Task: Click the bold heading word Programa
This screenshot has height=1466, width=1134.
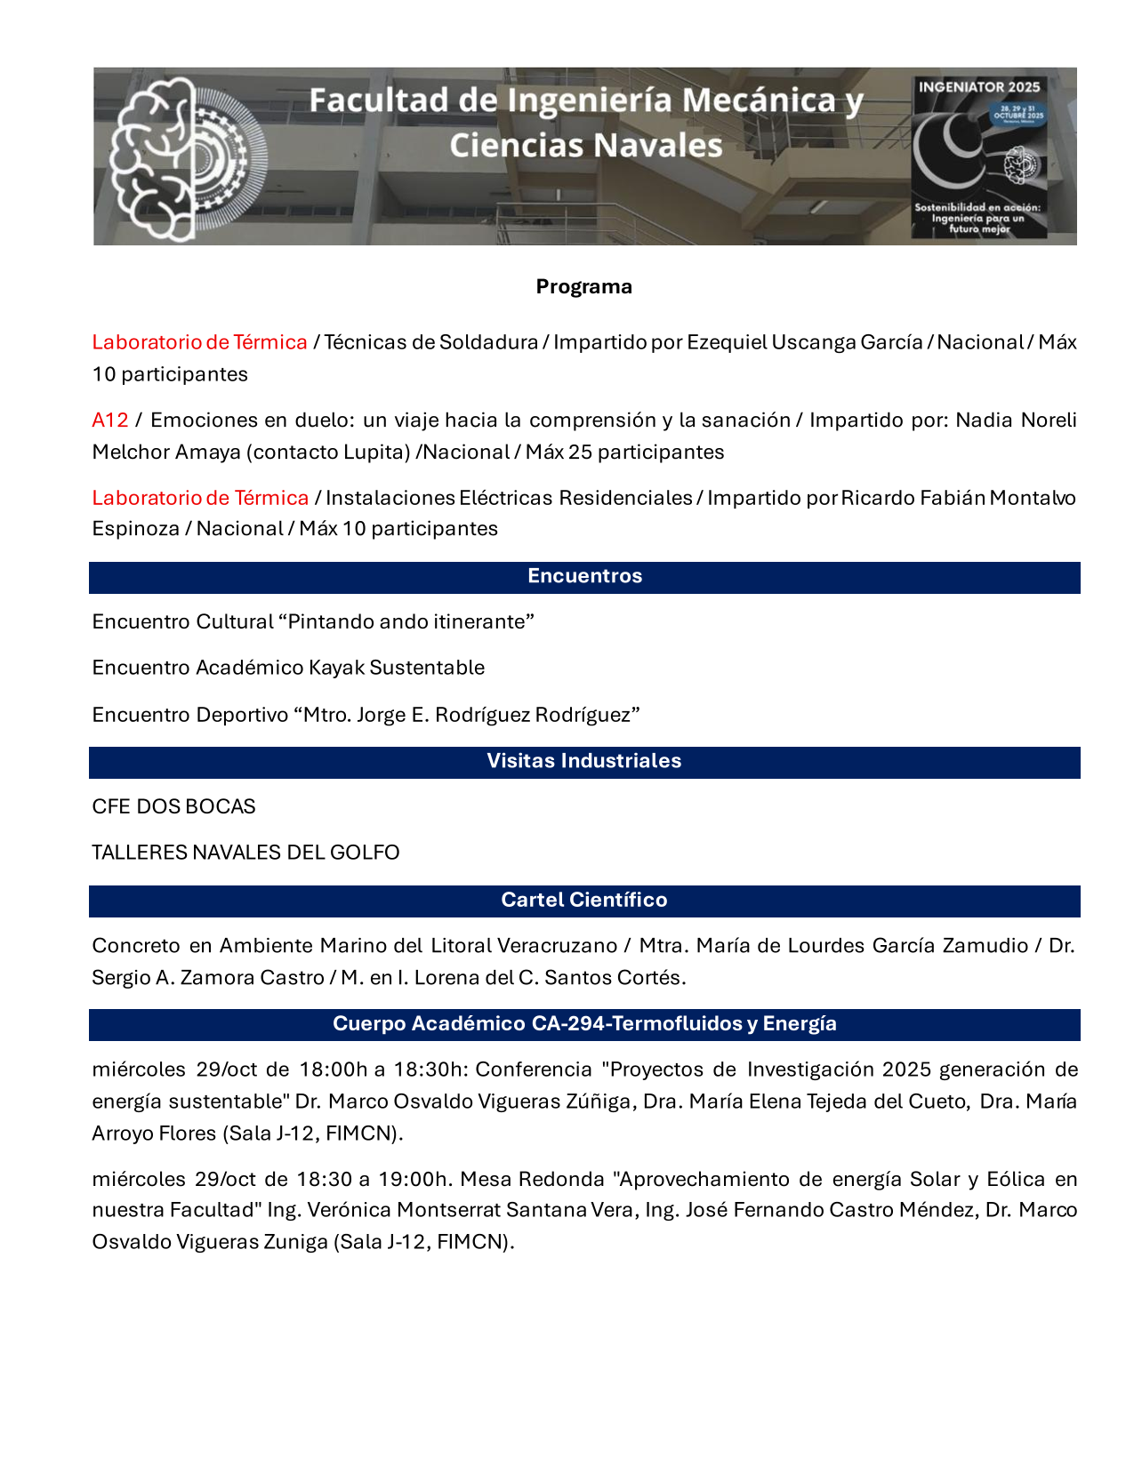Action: click(x=583, y=287)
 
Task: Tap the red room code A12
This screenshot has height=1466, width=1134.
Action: click(x=110, y=420)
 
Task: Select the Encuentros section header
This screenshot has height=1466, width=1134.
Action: click(x=584, y=576)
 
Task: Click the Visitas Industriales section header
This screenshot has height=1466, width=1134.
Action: click(x=583, y=761)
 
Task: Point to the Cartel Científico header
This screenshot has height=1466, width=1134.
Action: click(x=583, y=900)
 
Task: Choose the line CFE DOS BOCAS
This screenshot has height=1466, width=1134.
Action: click(x=173, y=806)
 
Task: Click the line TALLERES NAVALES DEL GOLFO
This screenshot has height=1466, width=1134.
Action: click(x=245, y=853)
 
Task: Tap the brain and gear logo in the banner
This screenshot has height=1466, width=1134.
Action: click(x=187, y=158)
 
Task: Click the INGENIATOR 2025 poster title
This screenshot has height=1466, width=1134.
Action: click(x=978, y=87)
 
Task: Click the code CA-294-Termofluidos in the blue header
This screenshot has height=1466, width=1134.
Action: click(x=637, y=1023)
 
